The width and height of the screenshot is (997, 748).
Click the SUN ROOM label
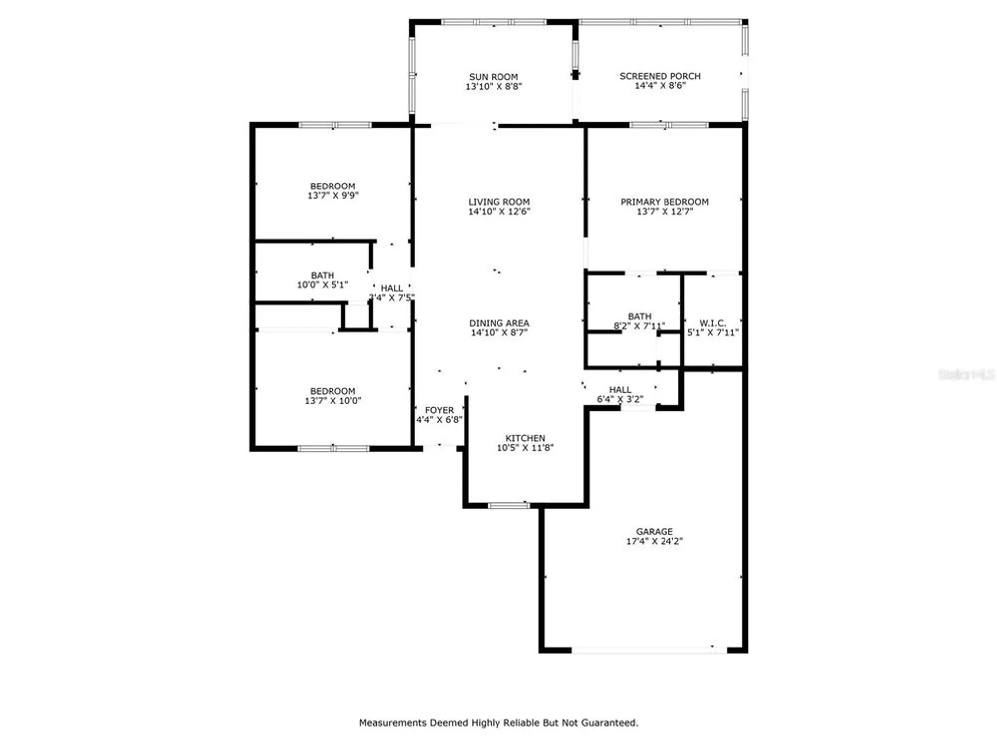click(494, 77)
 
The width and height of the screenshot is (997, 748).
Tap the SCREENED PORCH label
click(660, 76)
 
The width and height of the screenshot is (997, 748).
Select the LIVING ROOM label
click(499, 202)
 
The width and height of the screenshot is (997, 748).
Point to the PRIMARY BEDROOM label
click(665, 202)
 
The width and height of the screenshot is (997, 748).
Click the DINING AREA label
click(499, 323)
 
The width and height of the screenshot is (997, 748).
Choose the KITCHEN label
click(525, 438)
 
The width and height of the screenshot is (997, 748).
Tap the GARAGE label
click(654, 531)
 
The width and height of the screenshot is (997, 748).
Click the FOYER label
click(439, 410)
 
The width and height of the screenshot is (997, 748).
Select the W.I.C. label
click(713, 323)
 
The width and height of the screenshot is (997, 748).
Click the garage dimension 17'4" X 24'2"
click(654, 541)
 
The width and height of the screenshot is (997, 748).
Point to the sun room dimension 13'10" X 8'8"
click(494, 87)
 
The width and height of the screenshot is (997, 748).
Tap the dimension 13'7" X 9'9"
click(333, 196)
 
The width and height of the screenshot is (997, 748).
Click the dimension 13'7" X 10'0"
click(333, 401)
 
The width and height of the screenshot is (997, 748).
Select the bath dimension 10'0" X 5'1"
click(323, 285)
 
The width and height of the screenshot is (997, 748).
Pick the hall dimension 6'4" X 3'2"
click(620, 399)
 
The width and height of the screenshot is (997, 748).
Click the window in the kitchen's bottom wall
click(509, 506)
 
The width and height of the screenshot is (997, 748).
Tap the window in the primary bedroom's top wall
click(669, 125)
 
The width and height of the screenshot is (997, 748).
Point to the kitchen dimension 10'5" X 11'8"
click(525, 448)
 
